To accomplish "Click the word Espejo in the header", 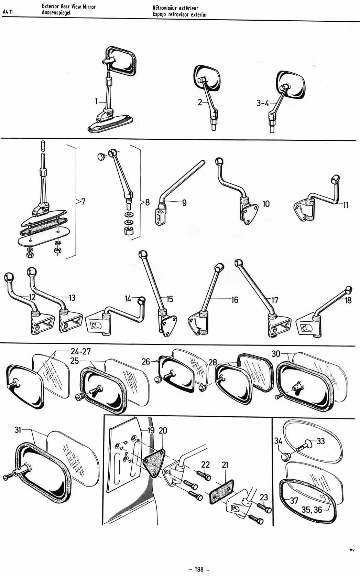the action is (160, 15).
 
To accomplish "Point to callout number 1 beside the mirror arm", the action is (96, 101).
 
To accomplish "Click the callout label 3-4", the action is (262, 103).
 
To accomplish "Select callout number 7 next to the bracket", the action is (84, 202).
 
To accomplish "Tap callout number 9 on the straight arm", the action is (184, 203).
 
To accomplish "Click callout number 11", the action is (346, 205).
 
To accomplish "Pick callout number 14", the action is (128, 299).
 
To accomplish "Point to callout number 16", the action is (234, 300).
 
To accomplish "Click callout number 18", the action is (348, 300).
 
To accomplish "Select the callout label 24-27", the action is (80, 351).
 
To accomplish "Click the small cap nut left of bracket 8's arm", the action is (101, 156).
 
